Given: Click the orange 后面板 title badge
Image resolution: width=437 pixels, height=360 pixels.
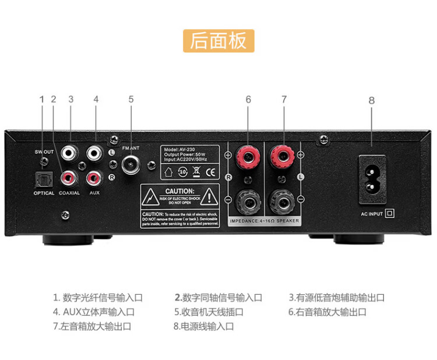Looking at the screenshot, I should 218,40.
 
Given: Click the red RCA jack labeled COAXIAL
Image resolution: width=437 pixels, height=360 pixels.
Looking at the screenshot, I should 70,176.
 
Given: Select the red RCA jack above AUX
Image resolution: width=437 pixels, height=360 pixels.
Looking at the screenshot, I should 93,176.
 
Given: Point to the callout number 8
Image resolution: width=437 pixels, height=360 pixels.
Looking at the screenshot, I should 371,100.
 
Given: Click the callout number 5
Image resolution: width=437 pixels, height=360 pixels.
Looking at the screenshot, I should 131,99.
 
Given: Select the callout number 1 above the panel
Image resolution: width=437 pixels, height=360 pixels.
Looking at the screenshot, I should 42,99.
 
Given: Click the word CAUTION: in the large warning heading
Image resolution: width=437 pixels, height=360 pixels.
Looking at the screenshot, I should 179,191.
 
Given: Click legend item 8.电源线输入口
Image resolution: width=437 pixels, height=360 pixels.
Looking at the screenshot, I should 203,327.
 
